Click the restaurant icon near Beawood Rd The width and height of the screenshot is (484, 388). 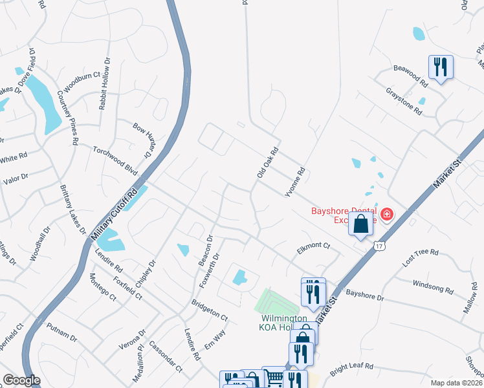point(440,67)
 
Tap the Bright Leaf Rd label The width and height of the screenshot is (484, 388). point(352,369)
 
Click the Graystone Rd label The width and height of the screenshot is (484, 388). point(403,102)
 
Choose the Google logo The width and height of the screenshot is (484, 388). point(21,380)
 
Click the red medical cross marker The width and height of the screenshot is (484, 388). point(387,214)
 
